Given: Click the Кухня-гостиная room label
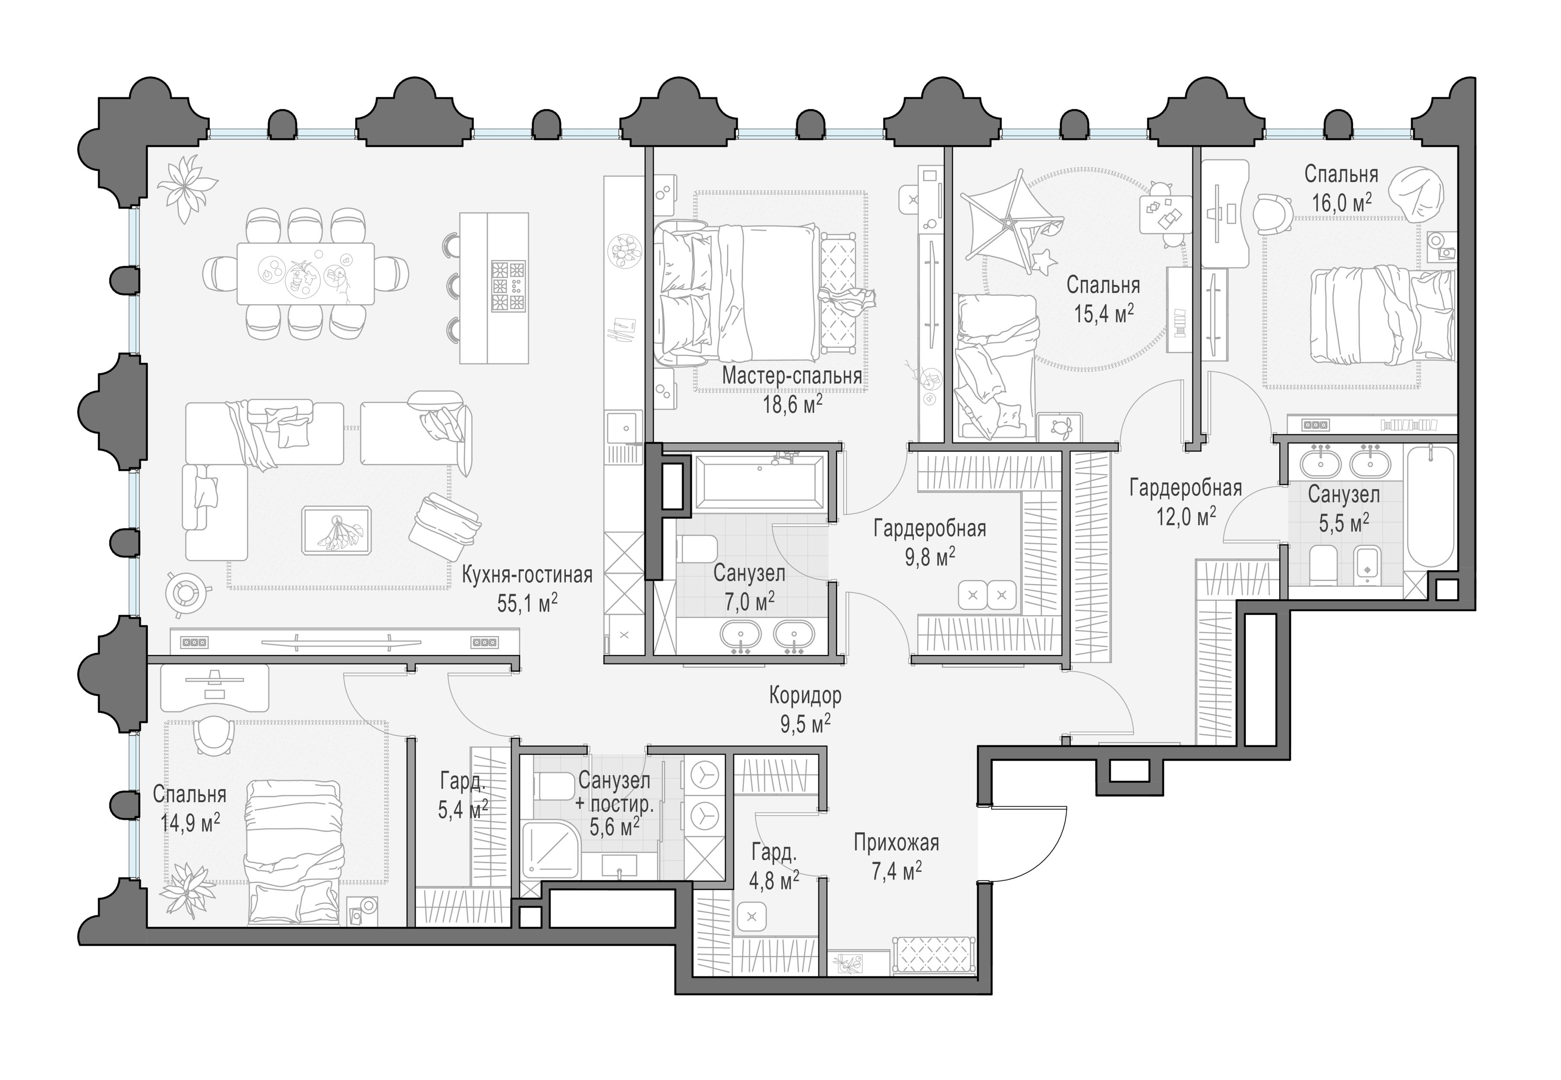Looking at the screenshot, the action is (x=527, y=575).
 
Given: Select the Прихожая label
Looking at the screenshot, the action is (x=896, y=843).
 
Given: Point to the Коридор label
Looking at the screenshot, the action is (x=805, y=695).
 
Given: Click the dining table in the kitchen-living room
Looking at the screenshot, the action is (x=305, y=273).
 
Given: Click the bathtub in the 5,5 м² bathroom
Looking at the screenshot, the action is (x=1430, y=508).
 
